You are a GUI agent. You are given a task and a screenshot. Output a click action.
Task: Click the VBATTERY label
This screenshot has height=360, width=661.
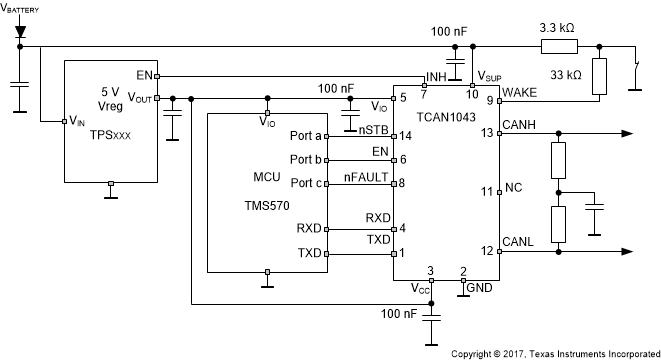pyautogui.click(x=21, y=8)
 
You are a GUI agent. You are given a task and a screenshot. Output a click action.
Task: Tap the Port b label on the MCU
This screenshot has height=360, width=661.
pyautogui.click(x=306, y=160)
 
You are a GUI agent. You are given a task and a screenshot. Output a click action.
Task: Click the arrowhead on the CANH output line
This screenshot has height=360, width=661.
pyautogui.click(x=627, y=133)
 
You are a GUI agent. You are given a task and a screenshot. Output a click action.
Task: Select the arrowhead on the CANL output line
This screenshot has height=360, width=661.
pyautogui.click(x=627, y=252)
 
